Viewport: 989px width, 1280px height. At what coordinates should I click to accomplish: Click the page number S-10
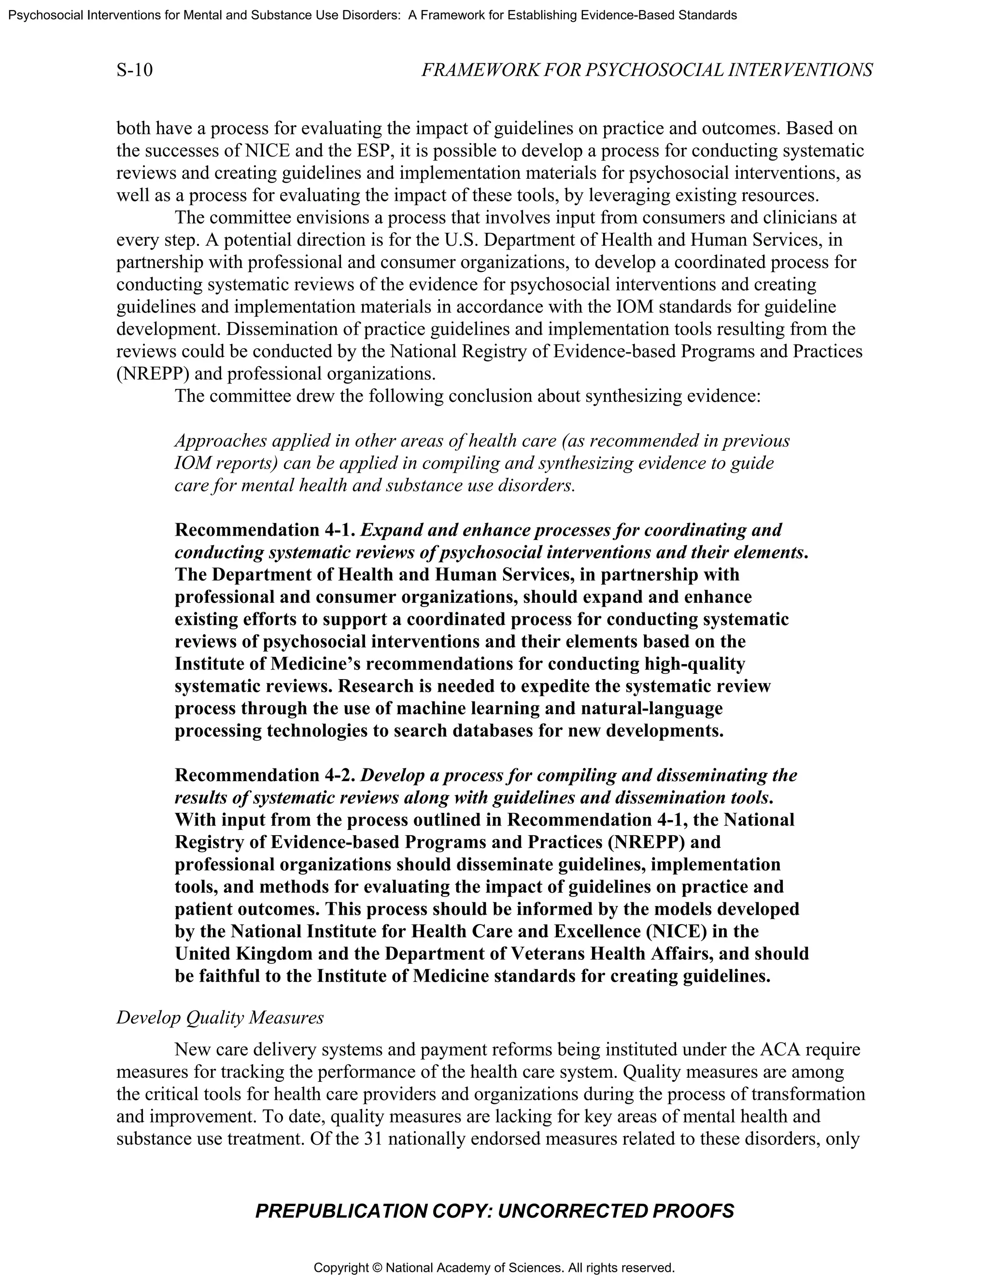click(134, 71)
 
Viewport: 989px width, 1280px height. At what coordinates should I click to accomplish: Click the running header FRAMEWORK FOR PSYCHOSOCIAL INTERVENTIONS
click(647, 71)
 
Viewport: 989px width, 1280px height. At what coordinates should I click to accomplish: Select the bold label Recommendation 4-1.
click(266, 530)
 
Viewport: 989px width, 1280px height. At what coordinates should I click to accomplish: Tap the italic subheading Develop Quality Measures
click(220, 1017)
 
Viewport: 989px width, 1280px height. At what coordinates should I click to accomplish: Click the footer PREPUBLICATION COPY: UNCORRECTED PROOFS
click(494, 1211)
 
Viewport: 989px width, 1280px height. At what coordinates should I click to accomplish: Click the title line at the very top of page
click(373, 15)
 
